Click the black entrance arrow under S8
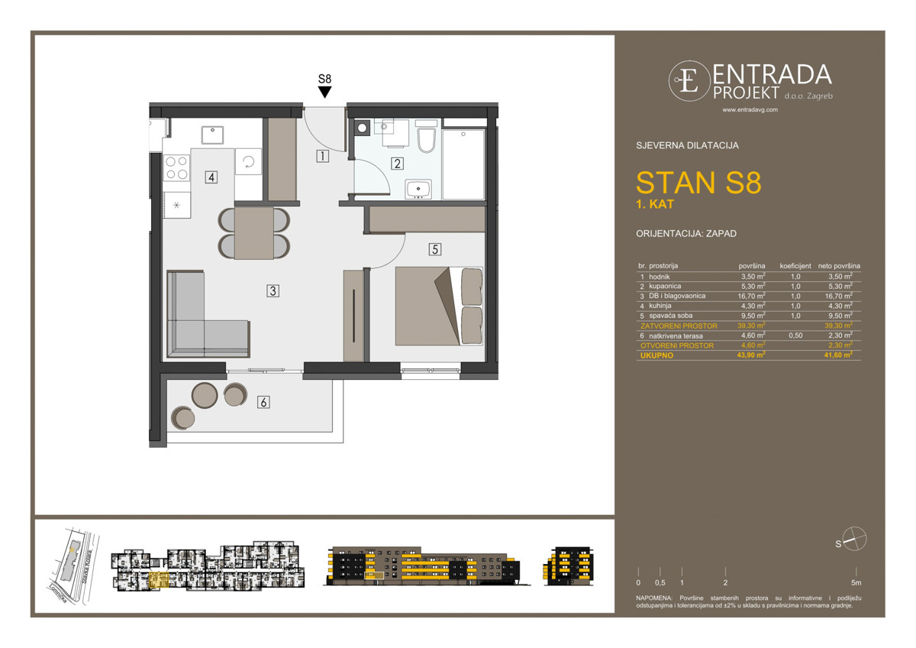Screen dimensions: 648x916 pyautogui.click(x=324, y=92)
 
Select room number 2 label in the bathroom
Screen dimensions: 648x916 pyautogui.click(x=397, y=163)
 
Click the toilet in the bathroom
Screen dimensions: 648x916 pyautogui.click(x=427, y=140)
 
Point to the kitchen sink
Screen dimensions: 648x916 pyautogui.click(x=211, y=134)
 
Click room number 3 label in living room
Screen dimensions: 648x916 pyautogui.click(x=272, y=290)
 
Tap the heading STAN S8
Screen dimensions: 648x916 pyautogui.click(x=698, y=184)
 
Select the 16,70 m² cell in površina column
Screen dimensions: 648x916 pyautogui.click(x=752, y=296)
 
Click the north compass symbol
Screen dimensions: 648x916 pyautogui.click(x=855, y=539)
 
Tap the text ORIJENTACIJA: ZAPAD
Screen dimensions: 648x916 pyautogui.click(x=685, y=234)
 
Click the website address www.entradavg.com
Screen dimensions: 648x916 pyautogui.click(x=750, y=110)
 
